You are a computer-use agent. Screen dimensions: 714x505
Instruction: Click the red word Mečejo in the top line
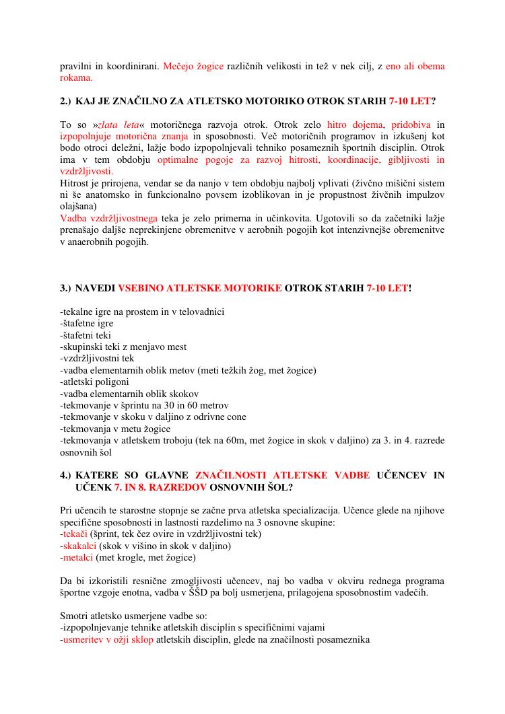point(178,67)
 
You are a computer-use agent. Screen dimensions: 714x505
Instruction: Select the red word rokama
point(76,78)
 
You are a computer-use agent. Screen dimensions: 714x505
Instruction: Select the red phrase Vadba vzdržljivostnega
point(109,218)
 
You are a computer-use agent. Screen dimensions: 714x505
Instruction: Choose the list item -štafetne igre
point(86,324)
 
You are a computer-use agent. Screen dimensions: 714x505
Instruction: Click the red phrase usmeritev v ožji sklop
point(108,639)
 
